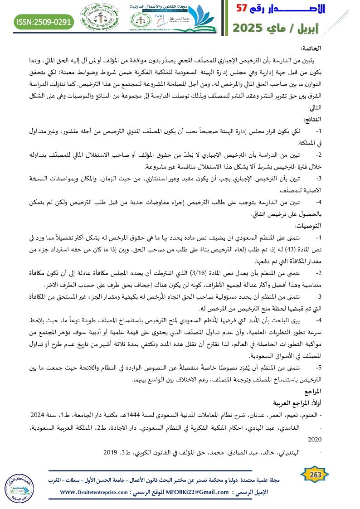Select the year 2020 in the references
314,439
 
